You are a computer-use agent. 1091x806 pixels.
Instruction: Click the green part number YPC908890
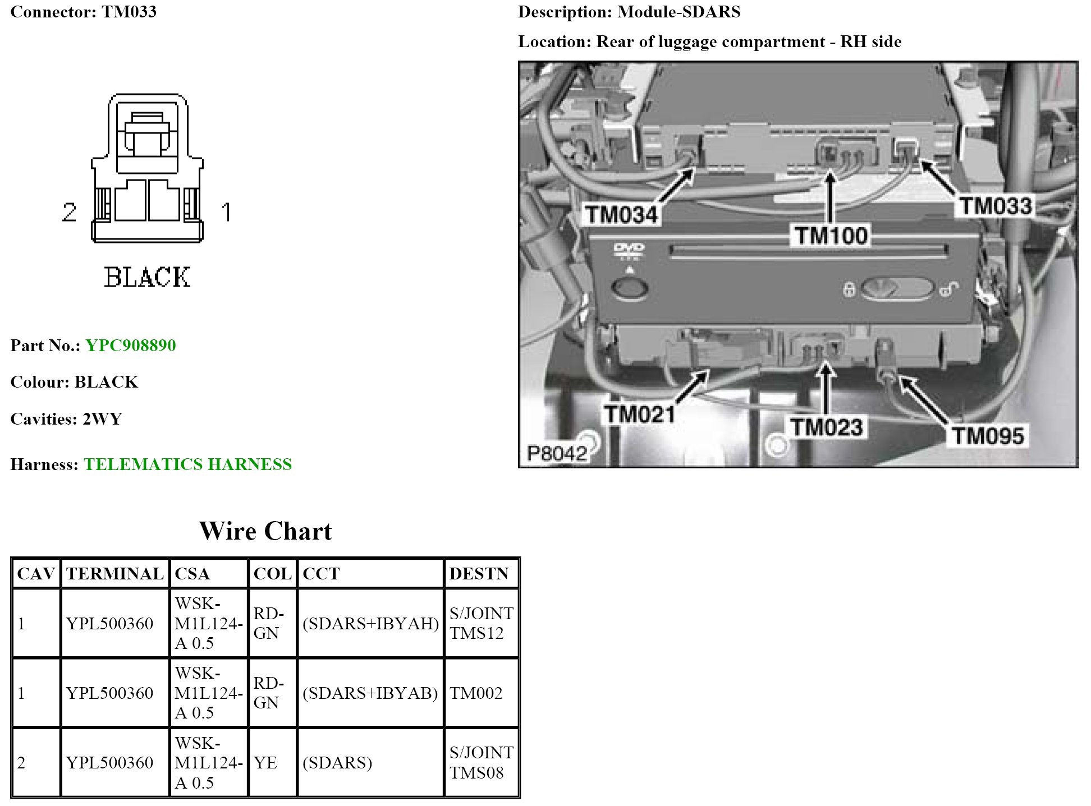[130, 346]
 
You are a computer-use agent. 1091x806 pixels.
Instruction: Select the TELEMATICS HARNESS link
[187, 464]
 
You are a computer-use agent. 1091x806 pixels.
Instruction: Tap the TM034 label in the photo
[621, 214]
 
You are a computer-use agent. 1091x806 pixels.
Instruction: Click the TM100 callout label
[831, 236]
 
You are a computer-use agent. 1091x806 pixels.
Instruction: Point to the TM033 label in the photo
[996, 206]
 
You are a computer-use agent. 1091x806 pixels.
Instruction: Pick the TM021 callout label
[640, 414]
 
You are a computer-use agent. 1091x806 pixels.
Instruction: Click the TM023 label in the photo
[826, 427]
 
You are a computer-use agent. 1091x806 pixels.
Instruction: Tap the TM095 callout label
[988, 436]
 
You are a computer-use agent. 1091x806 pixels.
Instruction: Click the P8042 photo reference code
[557, 453]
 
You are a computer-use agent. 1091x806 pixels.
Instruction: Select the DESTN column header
[479, 574]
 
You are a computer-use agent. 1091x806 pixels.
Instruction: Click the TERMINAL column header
[114, 574]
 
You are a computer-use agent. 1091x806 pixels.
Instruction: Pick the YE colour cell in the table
[265, 763]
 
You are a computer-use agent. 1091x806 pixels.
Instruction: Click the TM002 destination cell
[476, 693]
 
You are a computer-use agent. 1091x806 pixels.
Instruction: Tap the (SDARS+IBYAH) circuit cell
[370, 624]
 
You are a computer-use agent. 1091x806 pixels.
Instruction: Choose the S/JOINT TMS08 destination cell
[481, 763]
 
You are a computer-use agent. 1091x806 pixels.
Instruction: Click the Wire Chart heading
[265, 531]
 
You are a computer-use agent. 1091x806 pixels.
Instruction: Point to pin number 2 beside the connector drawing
[69, 212]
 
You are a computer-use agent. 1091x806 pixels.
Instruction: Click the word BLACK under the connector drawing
[147, 278]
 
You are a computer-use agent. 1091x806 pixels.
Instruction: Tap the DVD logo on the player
[629, 250]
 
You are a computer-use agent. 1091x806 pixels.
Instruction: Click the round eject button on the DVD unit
[629, 288]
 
